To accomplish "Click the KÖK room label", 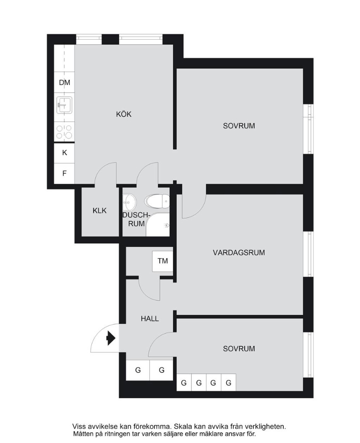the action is click(124, 114).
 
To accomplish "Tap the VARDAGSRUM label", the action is click(239, 252).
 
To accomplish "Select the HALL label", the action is click(150, 319).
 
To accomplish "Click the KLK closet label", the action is click(100, 210).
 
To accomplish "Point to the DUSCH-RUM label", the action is click(136, 219).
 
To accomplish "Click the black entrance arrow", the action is click(111, 338).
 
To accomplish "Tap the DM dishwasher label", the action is click(64, 82).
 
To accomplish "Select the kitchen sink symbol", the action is click(64, 105).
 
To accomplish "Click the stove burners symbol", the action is click(64, 132).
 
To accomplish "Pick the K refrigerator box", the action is click(64, 153).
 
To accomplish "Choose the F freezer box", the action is click(64, 173).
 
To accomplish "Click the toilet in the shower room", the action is click(157, 201).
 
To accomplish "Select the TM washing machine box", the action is click(162, 261).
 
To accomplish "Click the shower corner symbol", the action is click(158, 225).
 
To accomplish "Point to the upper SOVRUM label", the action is click(239, 126).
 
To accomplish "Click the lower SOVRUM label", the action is click(239, 348).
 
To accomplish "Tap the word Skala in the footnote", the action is click(182, 426).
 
